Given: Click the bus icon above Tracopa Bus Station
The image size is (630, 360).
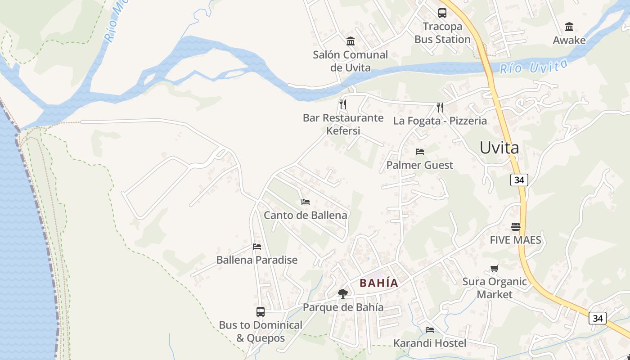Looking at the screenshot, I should click(442, 13).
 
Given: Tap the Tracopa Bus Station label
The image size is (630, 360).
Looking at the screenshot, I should click(442, 33).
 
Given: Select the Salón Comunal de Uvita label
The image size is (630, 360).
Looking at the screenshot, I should click(350, 61).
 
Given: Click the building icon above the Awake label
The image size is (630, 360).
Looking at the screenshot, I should click(569, 27).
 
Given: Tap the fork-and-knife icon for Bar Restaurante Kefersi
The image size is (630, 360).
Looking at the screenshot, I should click(343, 104).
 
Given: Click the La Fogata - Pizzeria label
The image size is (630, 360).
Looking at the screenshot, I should click(440, 121).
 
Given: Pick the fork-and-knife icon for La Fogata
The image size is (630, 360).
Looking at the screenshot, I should click(440, 107).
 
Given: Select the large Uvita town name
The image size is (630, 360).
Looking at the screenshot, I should click(499, 148).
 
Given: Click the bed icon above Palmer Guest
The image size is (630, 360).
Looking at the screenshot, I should click(420, 151).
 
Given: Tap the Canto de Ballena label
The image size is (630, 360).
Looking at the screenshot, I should click(305, 215).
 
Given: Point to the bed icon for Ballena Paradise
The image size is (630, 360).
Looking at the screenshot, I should click(257, 246).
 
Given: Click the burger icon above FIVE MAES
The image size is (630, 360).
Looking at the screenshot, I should click(516, 226).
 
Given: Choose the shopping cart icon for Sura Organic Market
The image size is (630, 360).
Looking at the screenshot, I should click(494, 269).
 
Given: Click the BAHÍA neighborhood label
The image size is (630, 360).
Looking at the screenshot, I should click(379, 283).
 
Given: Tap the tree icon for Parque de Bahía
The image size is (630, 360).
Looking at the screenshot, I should click(343, 294).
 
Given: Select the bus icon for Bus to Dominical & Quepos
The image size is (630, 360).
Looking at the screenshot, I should click(261, 311).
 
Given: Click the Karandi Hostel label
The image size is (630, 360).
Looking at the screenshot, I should click(430, 343).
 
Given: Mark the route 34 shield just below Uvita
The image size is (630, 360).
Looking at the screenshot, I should click(519, 180).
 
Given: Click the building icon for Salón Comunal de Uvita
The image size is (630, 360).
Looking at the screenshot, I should click(351, 41).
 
